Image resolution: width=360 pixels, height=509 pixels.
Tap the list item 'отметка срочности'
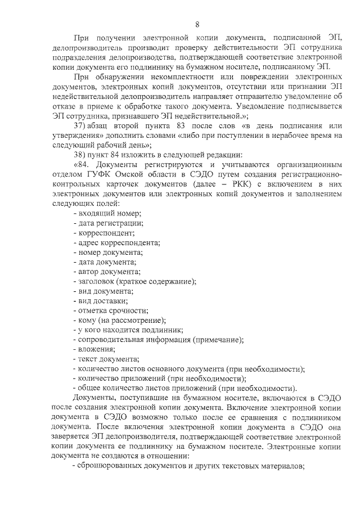click(x=111, y=310)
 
